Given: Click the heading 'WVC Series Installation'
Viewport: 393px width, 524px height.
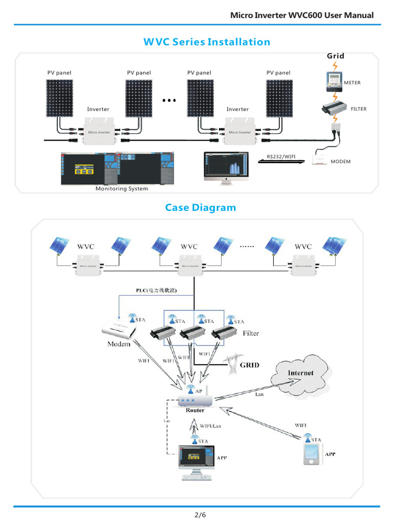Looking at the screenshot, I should point(206,42).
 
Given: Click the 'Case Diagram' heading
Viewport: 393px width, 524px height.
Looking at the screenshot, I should point(200,207).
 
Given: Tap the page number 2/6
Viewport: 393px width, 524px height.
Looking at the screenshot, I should point(200,514).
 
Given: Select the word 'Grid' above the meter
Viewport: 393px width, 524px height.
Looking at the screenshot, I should point(336,56).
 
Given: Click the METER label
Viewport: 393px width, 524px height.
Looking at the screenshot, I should point(353,82).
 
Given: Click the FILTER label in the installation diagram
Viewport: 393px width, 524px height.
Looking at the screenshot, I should point(358,109).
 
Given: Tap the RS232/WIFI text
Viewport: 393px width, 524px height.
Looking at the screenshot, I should point(281,157).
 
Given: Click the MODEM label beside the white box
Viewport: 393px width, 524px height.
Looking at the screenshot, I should point(340,161).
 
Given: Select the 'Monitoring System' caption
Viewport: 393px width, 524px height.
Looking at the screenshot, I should point(122,188).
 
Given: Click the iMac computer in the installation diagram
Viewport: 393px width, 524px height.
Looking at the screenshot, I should point(225,166).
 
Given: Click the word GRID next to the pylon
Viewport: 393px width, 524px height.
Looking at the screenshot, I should point(250,365).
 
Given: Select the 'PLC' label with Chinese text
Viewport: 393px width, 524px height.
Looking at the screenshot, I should point(157,290).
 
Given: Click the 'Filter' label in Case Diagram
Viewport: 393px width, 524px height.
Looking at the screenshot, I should point(251,333).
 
